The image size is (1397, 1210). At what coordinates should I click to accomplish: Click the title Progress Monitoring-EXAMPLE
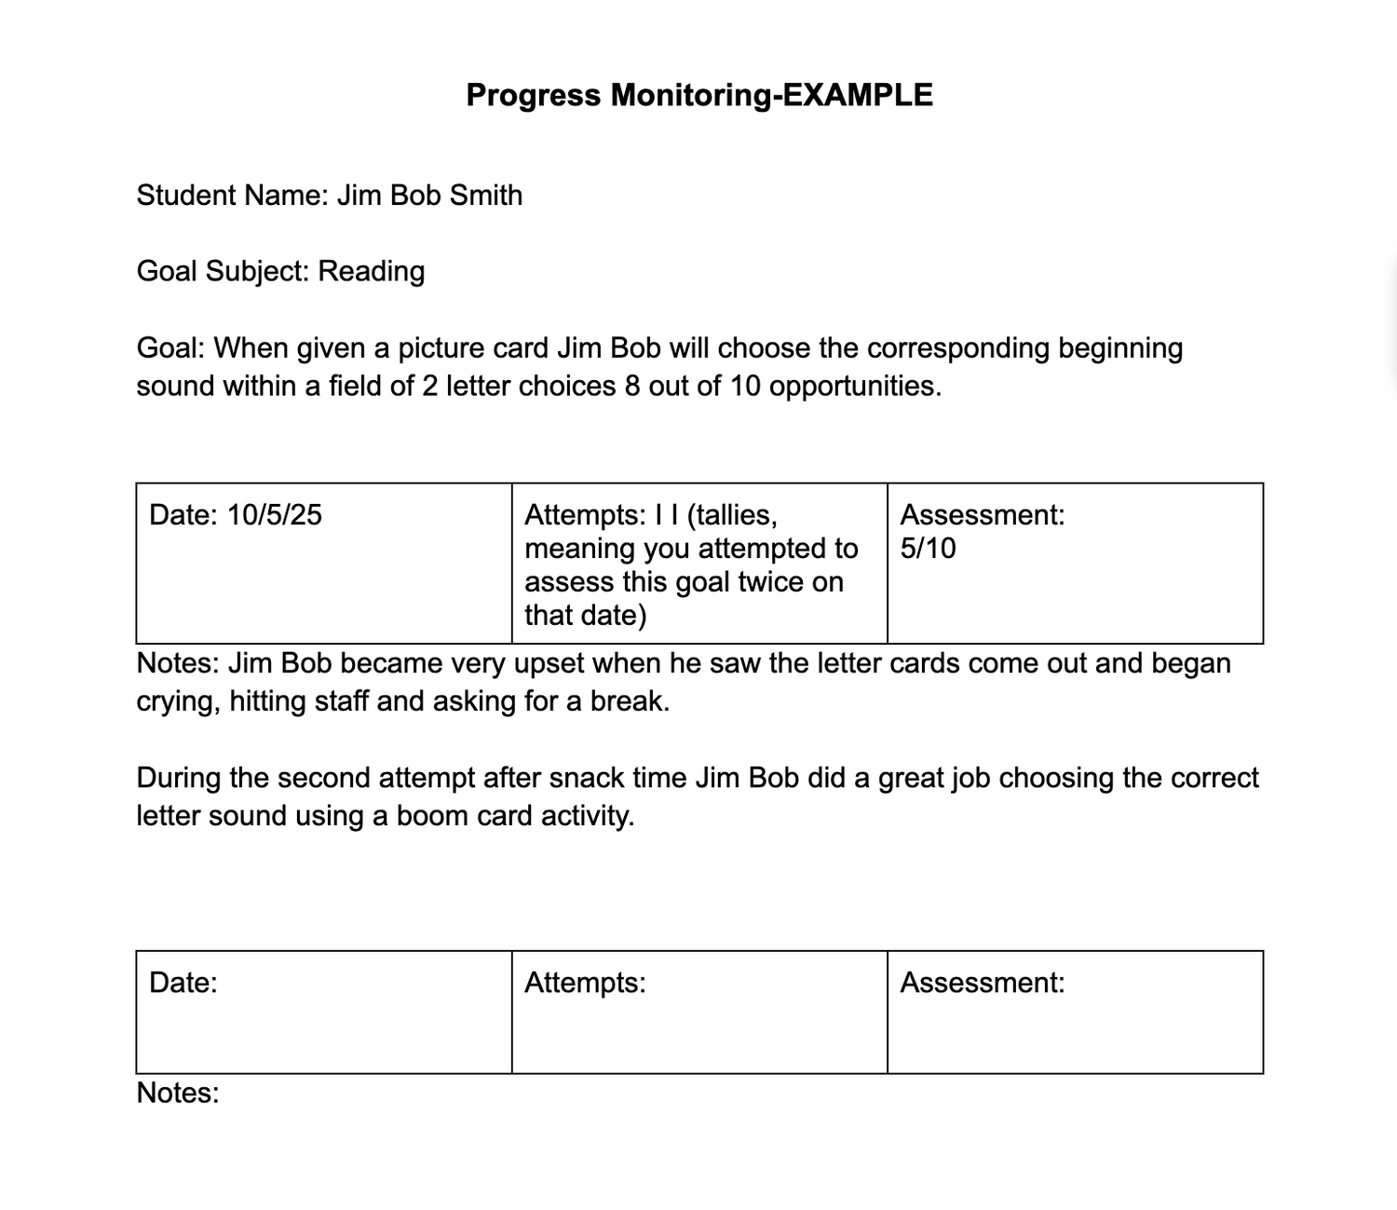(698, 95)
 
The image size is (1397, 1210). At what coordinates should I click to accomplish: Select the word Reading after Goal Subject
(371, 271)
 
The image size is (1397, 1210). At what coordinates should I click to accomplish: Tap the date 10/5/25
(274, 515)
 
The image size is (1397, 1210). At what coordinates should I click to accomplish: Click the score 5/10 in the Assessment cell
(928, 549)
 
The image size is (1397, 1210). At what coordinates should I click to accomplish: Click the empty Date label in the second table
(183, 983)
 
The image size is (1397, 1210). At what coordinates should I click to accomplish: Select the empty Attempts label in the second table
(585, 983)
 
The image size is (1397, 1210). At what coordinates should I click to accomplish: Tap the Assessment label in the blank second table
(982, 983)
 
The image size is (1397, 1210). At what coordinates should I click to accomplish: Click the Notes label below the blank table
(178, 1093)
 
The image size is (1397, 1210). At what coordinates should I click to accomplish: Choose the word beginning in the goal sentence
(1119, 348)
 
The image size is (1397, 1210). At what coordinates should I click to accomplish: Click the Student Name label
(232, 196)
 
